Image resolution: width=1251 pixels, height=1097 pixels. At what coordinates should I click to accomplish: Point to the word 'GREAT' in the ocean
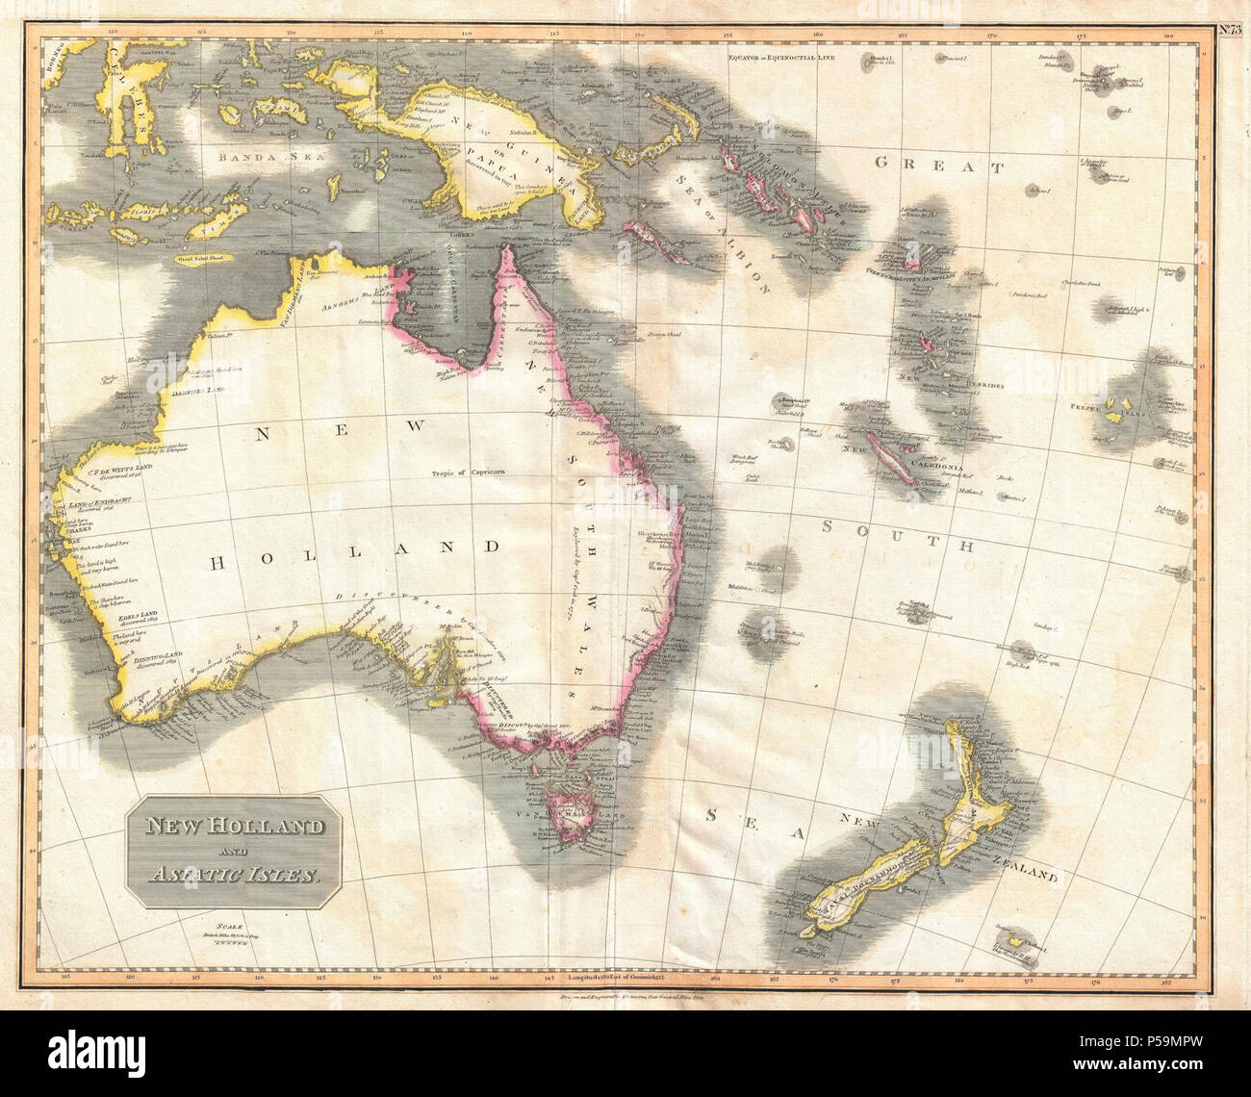pyautogui.click(x=938, y=166)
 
